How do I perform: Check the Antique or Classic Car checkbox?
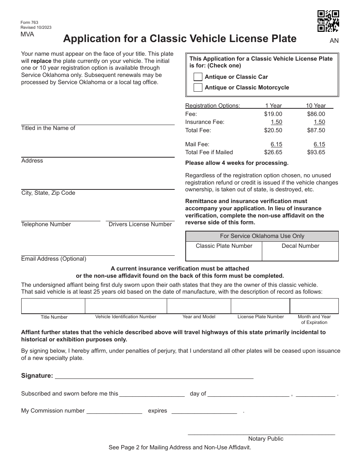198,77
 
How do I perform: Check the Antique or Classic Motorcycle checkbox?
198,88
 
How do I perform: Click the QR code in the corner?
328,21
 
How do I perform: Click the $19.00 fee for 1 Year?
273,114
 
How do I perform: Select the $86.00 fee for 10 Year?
316,114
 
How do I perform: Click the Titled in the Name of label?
48,128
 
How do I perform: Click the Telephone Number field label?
46,224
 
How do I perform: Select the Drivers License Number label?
140,224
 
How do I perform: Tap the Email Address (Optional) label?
53,259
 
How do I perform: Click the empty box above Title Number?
53,306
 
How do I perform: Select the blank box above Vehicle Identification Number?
126,306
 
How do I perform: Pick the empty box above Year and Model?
199,306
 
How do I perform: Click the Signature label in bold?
37,375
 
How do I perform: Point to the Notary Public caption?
266,439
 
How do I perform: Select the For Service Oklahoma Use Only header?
262,236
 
